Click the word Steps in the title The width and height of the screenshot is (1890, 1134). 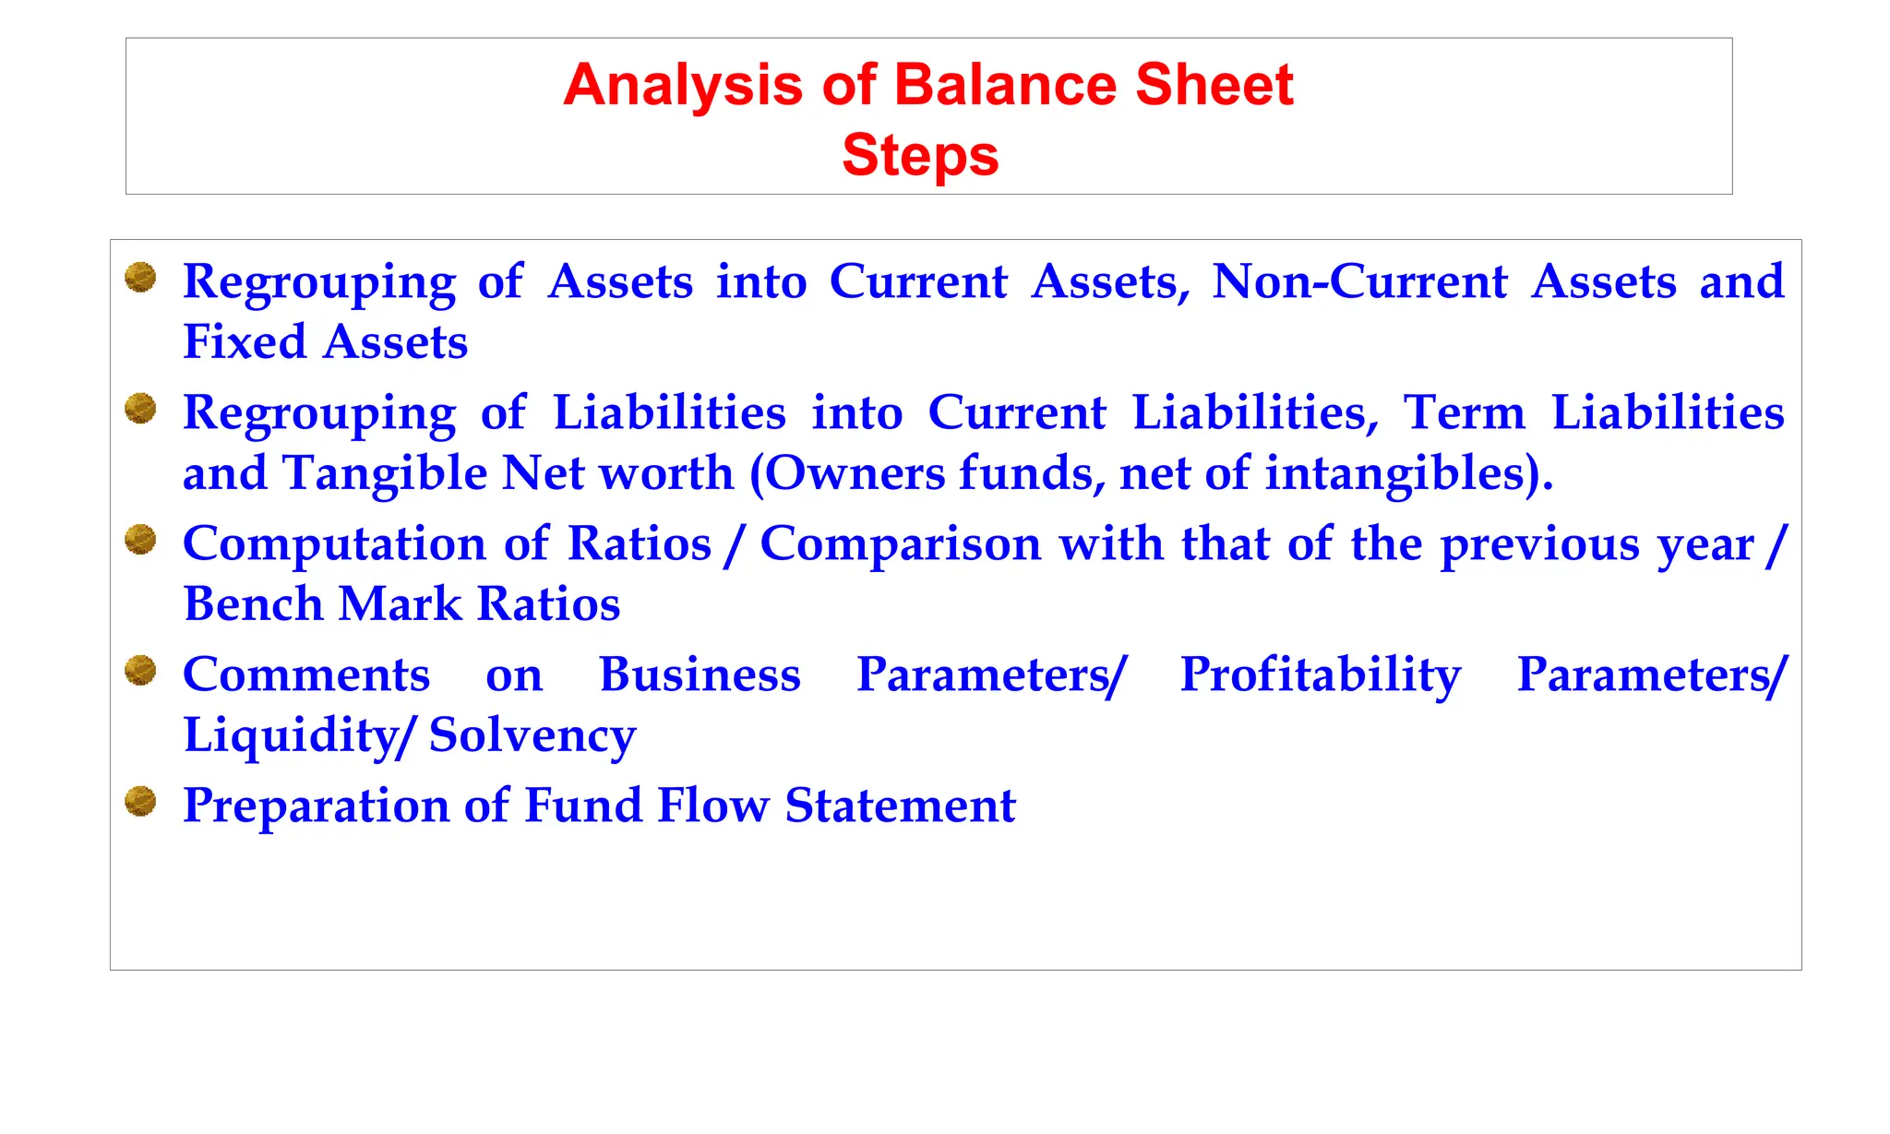coord(920,155)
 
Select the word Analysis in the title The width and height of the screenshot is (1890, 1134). coord(683,85)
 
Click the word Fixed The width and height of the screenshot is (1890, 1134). coord(245,342)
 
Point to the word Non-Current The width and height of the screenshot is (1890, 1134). coord(1359,281)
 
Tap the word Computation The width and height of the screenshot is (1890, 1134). coord(334,543)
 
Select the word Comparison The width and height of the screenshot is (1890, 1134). coord(901,543)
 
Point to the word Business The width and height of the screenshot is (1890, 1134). coord(700,674)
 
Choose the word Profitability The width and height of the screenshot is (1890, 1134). coord(1321,674)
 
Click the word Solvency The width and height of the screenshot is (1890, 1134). coord(532,735)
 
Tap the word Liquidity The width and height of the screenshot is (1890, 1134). coord(293,735)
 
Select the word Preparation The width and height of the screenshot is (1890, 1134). coord(315,806)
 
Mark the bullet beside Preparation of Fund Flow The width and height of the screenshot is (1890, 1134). coord(140,801)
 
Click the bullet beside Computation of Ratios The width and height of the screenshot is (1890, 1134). coord(140,539)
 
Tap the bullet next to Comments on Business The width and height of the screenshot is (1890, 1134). coord(140,670)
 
